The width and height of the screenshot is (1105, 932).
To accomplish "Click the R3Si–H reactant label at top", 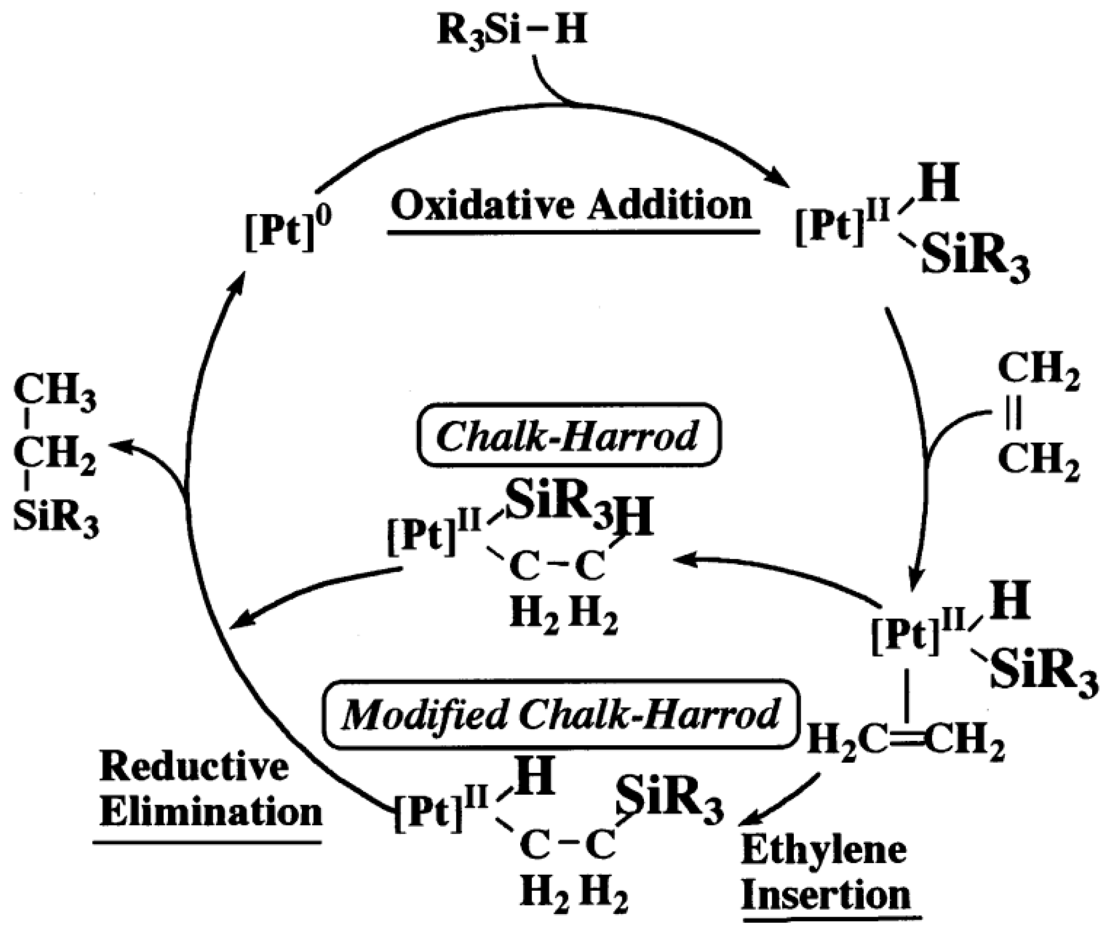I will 511,31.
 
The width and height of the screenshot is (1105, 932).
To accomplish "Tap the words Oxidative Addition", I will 571,206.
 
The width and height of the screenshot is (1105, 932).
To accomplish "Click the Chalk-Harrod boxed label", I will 568,435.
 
